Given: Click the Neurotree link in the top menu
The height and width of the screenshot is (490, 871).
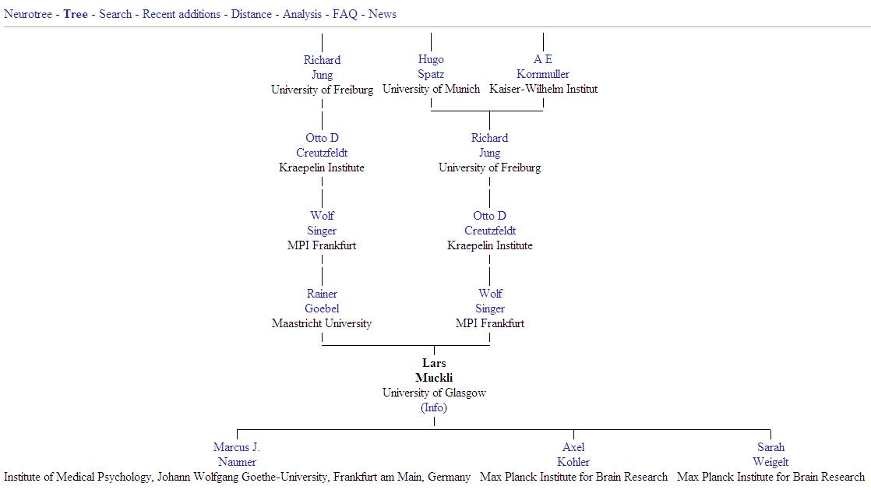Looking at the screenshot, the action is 28,15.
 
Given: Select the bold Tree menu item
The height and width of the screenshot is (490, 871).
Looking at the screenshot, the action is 76,15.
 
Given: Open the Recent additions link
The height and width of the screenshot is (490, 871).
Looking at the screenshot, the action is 181,15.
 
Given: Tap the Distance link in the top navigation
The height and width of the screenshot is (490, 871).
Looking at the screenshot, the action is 251,15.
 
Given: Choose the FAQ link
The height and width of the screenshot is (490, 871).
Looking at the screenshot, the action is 345,15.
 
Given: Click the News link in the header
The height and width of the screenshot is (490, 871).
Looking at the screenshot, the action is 383,15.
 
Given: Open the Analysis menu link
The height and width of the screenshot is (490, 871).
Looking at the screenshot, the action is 302,15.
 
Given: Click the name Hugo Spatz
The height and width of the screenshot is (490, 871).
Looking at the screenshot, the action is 431,67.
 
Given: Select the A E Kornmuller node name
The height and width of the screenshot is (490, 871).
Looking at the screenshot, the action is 543,67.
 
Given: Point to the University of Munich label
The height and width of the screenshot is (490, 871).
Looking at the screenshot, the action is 431,89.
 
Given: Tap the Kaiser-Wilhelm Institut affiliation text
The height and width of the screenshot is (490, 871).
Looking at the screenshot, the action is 543,89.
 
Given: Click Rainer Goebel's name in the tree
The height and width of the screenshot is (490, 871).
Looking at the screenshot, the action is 323,301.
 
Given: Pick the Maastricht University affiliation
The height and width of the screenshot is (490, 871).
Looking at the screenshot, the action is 322,323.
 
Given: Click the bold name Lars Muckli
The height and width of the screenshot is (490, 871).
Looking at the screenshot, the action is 434,371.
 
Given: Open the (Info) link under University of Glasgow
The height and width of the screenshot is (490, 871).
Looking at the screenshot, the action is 434,407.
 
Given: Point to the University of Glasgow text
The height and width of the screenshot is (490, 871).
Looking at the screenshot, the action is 434,393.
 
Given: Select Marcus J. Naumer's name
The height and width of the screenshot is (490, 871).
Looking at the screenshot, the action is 237,454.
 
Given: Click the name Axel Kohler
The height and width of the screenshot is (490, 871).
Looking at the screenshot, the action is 573,454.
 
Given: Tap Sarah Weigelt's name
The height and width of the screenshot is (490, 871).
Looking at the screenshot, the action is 770,454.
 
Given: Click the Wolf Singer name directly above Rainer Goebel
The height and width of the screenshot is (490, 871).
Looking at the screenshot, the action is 323,223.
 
